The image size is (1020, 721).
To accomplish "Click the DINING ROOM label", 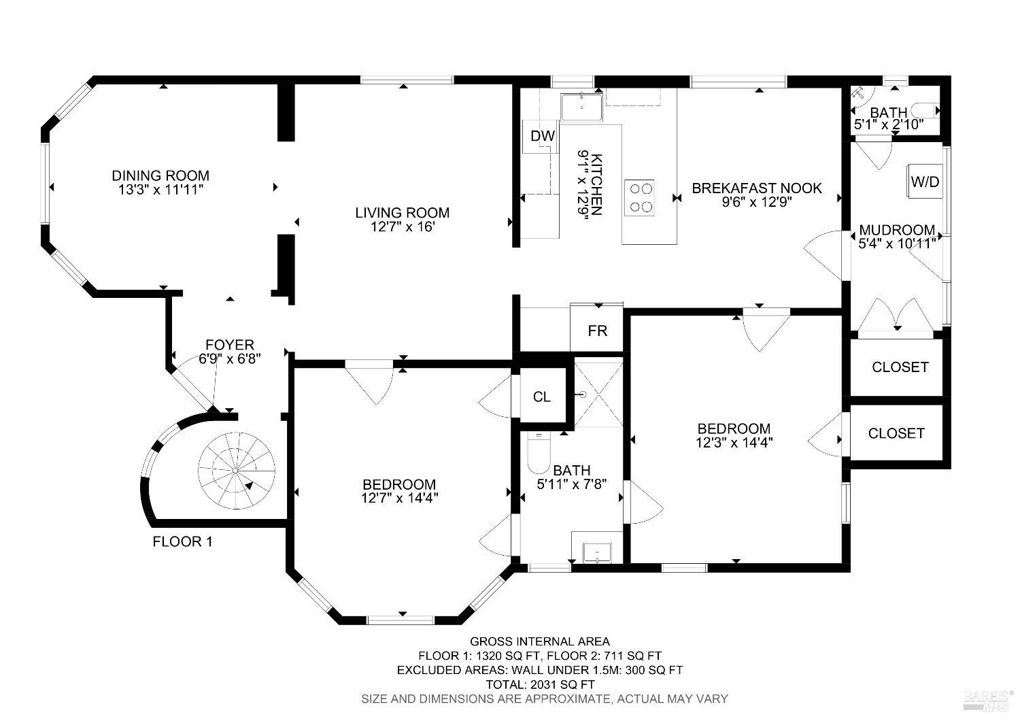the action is (160, 175).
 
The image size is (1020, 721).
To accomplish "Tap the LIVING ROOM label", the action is (402, 213).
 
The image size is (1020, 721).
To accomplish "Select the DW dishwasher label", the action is (543, 136).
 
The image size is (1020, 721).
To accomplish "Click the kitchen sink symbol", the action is (582, 107).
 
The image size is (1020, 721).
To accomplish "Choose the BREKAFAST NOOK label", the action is (757, 188).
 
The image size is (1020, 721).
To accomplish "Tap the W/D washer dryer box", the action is (925, 182).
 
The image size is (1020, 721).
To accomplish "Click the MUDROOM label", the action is (897, 230).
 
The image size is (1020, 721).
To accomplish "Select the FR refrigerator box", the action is (597, 330).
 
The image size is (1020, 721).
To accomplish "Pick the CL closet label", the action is (541, 397).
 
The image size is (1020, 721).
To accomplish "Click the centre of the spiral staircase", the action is (236, 470).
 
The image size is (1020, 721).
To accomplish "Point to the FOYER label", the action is (230, 345).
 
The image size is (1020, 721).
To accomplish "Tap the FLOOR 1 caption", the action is (183, 541).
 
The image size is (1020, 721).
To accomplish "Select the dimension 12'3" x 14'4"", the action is (734, 442).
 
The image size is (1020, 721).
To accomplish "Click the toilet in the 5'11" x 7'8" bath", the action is (539, 454).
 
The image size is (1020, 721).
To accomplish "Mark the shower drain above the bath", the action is (583, 395).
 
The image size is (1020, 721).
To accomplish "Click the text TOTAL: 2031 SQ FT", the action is (540, 684).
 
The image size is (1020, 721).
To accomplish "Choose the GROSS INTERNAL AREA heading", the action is (540, 641).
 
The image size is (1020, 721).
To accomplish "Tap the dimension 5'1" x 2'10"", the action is (888, 124).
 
